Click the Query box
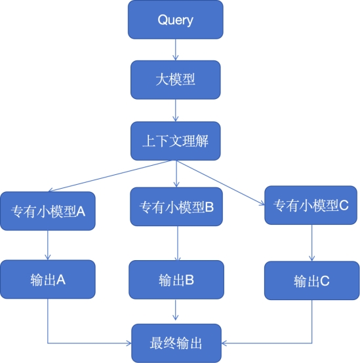[x=176, y=20]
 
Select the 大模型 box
[x=176, y=80]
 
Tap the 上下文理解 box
[x=176, y=141]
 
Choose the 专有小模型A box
[x=48, y=211]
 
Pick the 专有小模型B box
[x=176, y=206]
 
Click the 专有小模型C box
[x=311, y=205]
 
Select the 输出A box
[x=48, y=279]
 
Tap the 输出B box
[x=176, y=280]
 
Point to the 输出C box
[x=312, y=280]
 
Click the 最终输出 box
[x=176, y=343]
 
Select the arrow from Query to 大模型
[x=176, y=50]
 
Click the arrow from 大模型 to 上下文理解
[x=176, y=111]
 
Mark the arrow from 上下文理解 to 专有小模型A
[x=110, y=176]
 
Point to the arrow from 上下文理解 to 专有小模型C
[x=221, y=183]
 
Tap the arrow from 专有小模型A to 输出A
[x=48, y=245]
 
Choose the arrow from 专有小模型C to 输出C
[x=312, y=243]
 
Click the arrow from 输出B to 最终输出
[x=176, y=310]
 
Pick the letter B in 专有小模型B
[x=209, y=207]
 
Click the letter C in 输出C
[x=325, y=281]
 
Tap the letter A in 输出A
[x=61, y=280]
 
